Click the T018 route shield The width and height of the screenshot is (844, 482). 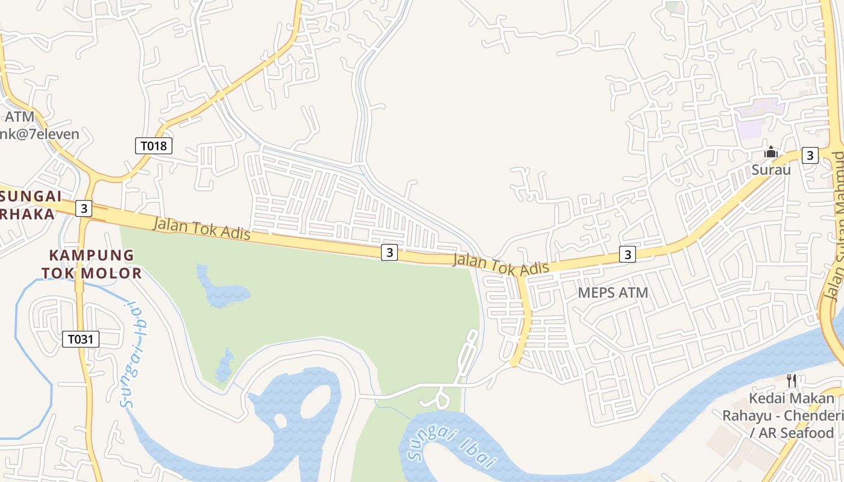153,145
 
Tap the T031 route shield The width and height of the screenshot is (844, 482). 80,339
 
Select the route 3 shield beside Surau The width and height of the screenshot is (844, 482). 810,155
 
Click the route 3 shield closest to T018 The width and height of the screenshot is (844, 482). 84,209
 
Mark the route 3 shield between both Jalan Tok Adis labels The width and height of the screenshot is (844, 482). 389,252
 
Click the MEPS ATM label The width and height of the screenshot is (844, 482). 613,293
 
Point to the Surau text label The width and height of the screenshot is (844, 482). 770,170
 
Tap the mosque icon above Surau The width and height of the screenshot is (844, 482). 770,153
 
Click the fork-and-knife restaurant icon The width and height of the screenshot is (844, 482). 792,380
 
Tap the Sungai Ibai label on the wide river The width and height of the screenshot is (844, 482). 452,447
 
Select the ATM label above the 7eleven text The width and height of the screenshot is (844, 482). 20,116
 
